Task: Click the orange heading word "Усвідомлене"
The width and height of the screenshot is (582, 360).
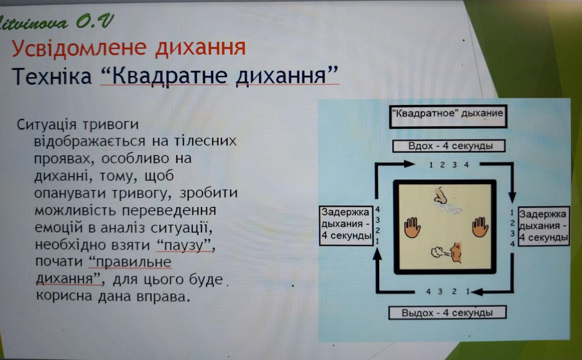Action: [79, 48]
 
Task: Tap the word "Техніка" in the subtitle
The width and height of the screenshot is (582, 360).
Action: [52, 76]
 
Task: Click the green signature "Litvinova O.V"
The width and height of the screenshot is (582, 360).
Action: [56, 22]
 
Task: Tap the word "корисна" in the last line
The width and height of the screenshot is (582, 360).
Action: [64, 296]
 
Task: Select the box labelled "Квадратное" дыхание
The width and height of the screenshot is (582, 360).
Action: [448, 117]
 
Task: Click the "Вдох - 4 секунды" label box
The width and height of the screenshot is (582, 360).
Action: [449, 146]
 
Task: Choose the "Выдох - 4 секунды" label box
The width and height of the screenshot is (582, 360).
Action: [447, 313]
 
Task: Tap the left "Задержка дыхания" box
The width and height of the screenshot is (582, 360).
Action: [346, 226]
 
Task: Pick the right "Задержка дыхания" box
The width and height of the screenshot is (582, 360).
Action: [544, 226]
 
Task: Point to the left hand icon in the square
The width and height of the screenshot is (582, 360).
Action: [412, 227]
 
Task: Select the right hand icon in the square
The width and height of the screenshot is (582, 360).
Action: [480, 227]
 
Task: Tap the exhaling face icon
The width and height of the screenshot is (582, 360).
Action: [447, 253]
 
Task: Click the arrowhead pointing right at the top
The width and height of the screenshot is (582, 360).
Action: [409, 164]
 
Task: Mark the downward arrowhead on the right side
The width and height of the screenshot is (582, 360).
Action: [512, 198]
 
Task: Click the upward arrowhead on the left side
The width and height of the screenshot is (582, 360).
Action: [377, 254]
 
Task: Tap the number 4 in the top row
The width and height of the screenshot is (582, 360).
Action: [466, 164]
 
